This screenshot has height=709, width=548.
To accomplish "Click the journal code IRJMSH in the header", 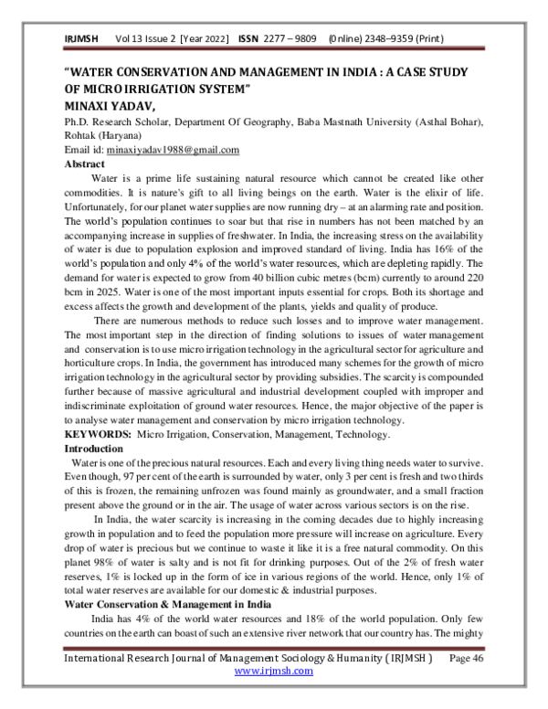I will (x=80, y=39).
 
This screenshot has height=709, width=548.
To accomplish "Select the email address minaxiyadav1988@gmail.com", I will (x=173, y=150).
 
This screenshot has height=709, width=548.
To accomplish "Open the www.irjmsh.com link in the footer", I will (x=274, y=671).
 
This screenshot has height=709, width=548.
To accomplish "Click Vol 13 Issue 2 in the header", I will (x=145, y=39).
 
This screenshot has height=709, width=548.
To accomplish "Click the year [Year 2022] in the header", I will (x=207, y=39).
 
